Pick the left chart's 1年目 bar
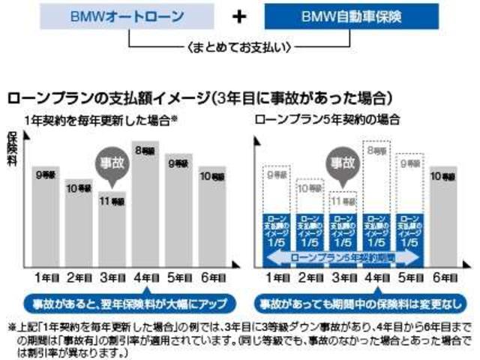click(x=46, y=214)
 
